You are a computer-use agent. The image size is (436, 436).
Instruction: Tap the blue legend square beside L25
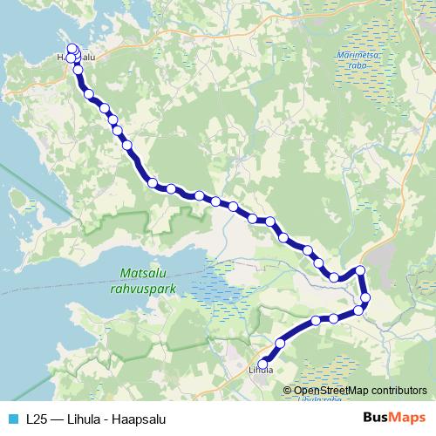[14, 419]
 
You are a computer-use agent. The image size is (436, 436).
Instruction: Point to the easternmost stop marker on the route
[365, 298]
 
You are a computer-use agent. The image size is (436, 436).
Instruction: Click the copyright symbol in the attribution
[289, 391]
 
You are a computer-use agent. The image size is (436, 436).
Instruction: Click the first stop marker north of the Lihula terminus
[281, 342]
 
